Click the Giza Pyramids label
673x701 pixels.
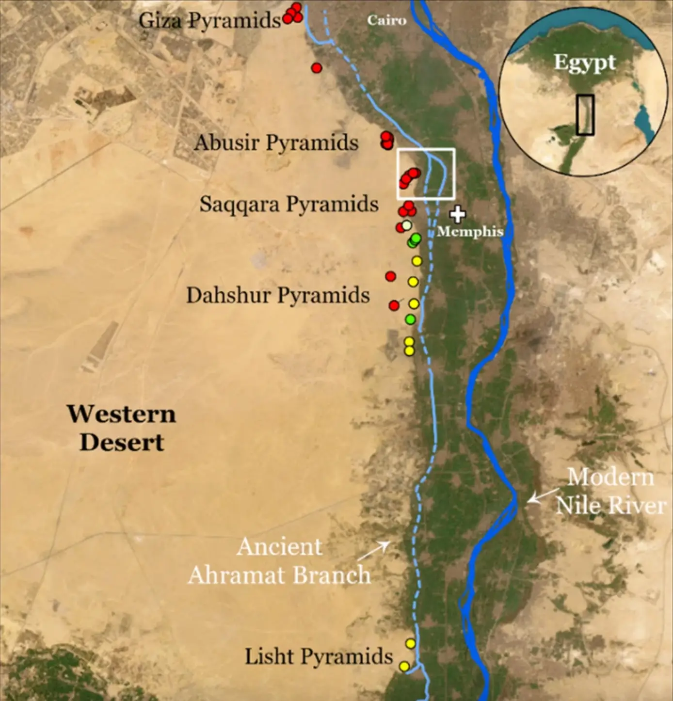[x=209, y=20]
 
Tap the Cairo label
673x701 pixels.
[x=386, y=20]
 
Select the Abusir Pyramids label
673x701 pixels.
[x=276, y=143]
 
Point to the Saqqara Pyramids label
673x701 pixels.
[x=289, y=204]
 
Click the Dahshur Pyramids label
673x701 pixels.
[x=278, y=295]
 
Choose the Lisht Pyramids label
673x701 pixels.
[x=319, y=656]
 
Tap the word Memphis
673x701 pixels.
[x=470, y=231]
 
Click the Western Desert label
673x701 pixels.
[x=122, y=428]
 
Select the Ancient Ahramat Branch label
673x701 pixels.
[x=279, y=561]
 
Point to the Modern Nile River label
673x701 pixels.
[x=610, y=491]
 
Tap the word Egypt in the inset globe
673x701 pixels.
[x=584, y=63]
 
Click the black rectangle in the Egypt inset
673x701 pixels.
[x=585, y=115]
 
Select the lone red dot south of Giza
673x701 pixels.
[x=317, y=68]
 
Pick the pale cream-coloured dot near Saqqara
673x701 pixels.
[x=407, y=225]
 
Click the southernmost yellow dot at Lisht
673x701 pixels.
[x=404, y=667]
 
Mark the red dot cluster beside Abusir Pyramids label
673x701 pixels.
[x=386, y=140]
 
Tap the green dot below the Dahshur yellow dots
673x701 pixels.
[x=410, y=319]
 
